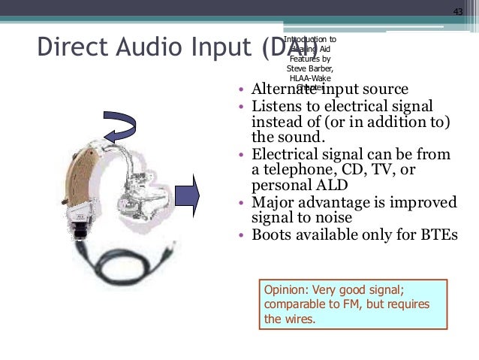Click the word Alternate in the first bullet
point(280,89)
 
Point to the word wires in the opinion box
point(300,319)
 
